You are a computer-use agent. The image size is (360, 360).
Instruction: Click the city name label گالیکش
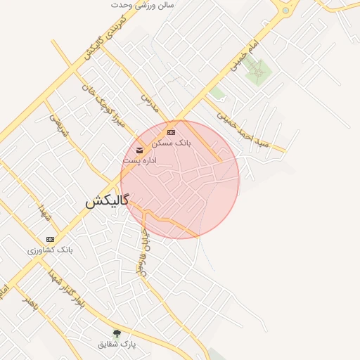pos(107,201)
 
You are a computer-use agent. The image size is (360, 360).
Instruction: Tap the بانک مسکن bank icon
pos(171,132)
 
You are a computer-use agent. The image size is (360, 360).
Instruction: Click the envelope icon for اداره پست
pos(139,150)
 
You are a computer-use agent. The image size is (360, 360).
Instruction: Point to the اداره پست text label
pos(139,161)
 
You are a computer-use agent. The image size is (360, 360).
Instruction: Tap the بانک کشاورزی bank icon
pos(50,239)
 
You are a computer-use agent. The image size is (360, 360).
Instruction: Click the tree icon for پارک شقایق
pos(117,333)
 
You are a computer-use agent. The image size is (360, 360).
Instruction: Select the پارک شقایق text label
pos(117,344)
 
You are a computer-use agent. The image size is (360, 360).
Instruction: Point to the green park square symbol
pos(259,71)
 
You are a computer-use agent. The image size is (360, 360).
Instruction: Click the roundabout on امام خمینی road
pos(285,10)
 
